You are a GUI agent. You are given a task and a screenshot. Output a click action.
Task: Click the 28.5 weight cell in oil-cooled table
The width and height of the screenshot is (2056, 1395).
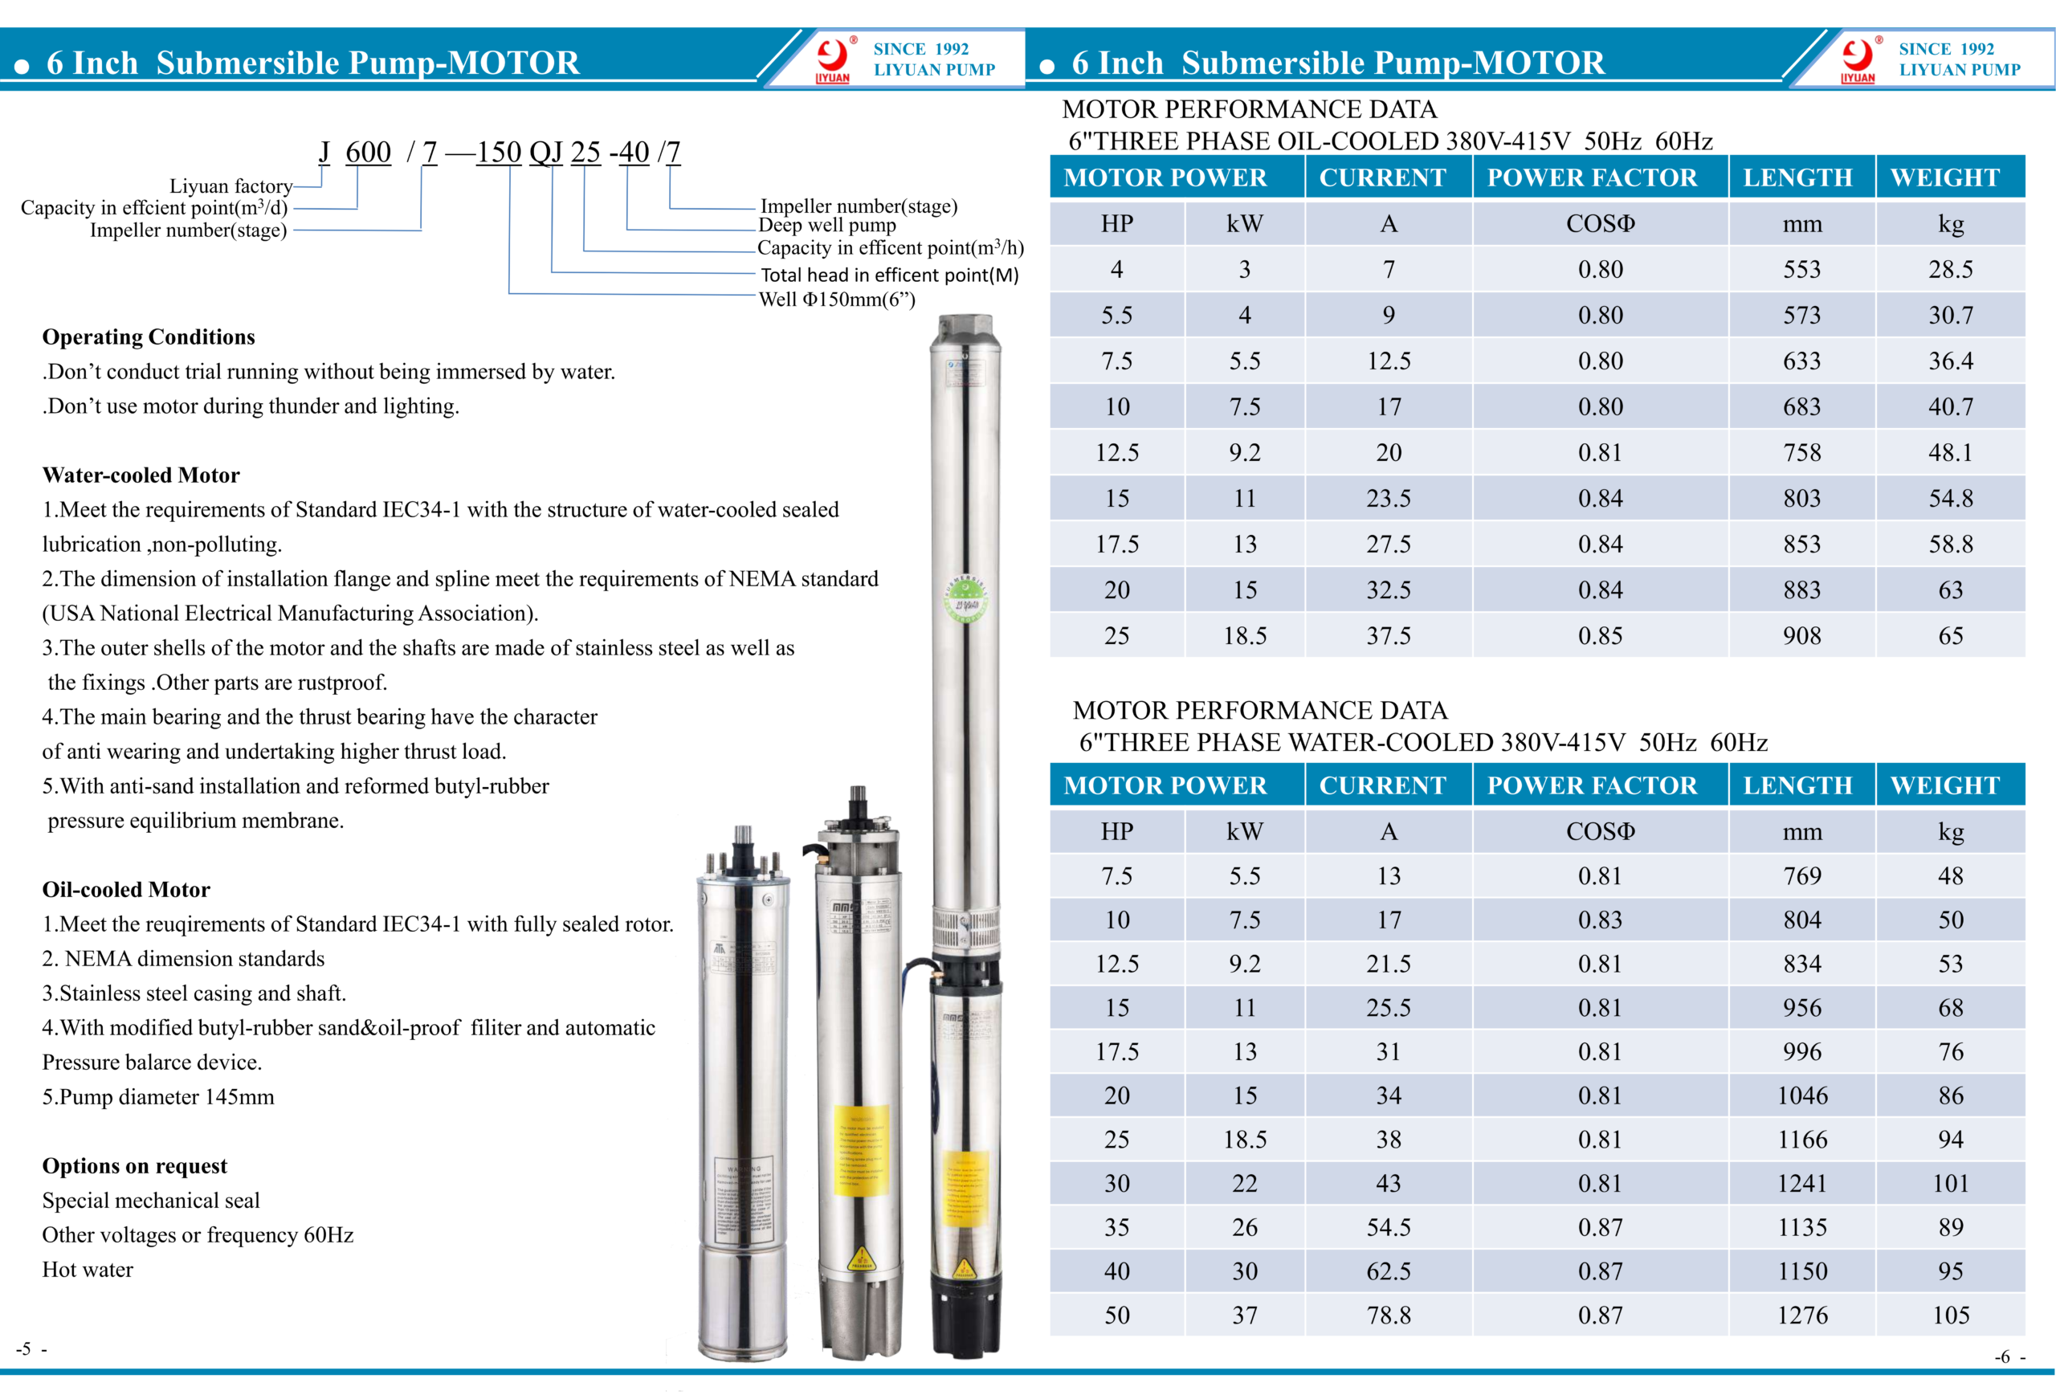point(1950,270)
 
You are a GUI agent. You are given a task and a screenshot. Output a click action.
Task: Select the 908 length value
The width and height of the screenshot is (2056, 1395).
point(1801,636)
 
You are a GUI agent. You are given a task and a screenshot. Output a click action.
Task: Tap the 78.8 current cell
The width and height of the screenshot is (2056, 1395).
point(1388,1315)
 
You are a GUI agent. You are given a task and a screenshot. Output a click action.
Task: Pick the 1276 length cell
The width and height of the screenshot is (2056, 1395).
point(1801,1315)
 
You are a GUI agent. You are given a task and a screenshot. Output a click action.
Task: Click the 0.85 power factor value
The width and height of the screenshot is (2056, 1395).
point(1600,636)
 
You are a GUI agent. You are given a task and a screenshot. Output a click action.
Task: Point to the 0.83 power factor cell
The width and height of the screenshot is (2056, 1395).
point(1600,920)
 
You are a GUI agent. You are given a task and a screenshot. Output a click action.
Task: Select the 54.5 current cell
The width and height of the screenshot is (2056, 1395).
point(1388,1228)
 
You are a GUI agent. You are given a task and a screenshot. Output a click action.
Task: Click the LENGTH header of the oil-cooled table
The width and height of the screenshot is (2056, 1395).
point(1797,177)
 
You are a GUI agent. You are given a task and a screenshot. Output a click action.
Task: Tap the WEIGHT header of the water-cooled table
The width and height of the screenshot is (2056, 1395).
point(1944,785)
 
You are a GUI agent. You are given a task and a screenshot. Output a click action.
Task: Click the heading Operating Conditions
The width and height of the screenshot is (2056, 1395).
point(149,337)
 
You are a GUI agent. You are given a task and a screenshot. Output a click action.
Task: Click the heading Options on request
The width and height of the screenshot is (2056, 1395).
point(134,1166)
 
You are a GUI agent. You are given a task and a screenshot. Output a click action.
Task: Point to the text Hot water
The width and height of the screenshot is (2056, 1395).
point(88,1270)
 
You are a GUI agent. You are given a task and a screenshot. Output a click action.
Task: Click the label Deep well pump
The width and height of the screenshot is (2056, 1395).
point(826,226)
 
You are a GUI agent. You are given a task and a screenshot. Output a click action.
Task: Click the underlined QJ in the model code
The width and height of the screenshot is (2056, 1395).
point(546,152)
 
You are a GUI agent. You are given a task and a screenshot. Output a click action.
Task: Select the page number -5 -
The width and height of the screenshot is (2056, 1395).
point(31,1349)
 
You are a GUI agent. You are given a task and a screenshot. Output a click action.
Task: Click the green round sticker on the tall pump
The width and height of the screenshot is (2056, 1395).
point(965,599)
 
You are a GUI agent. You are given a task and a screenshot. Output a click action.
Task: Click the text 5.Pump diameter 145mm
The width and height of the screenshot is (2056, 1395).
point(158,1097)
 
